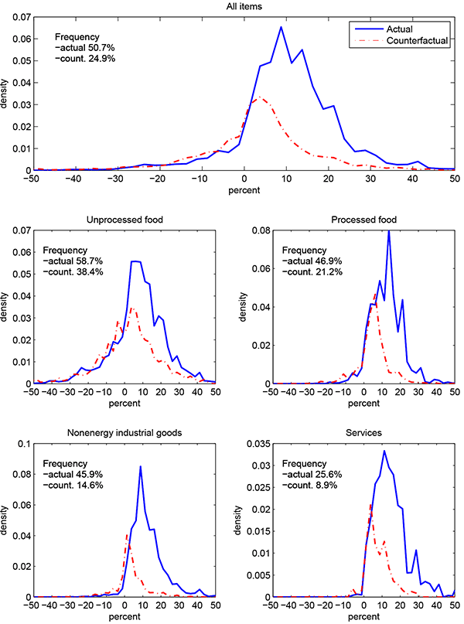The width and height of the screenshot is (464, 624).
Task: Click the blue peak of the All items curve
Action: tap(281, 27)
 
